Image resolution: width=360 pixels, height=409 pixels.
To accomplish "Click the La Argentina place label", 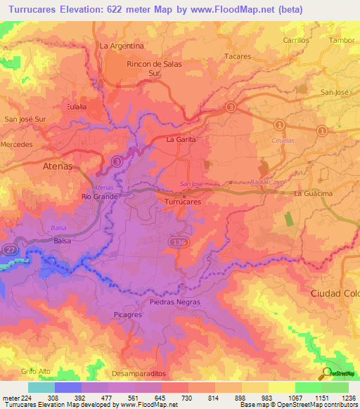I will [122, 46].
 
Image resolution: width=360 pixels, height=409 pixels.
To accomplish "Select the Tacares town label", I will [238, 56].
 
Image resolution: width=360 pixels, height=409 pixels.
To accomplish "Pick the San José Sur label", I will [25, 119].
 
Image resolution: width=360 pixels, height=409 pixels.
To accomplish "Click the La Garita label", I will [181, 140].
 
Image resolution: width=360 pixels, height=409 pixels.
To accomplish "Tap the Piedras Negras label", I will [175, 302].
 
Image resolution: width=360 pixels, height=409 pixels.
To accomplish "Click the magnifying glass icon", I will [325, 373].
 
